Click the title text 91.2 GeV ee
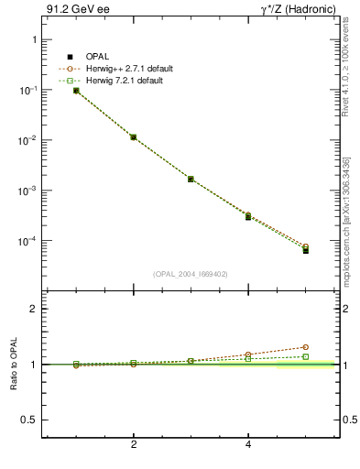pyautogui.click(x=72, y=10)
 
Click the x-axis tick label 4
pyautogui.click(x=248, y=445)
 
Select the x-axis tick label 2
pyautogui.click(x=134, y=445)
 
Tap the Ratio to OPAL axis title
pyautogui.click(x=12, y=365)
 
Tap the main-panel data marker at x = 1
pyautogui.click(x=76, y=91)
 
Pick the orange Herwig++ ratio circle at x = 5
pyautogui.click(x=306, y=347)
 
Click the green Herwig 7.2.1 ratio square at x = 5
pyautogui.click(x=306, y=356)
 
